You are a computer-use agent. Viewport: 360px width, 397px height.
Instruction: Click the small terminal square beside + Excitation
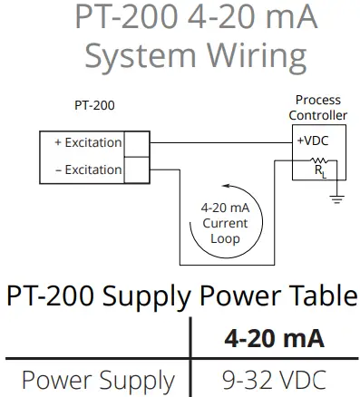pos(135,144)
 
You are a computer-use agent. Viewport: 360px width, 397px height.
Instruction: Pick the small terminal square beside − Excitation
pos(135,169)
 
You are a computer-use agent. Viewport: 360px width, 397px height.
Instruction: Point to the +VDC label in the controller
pos(310,141)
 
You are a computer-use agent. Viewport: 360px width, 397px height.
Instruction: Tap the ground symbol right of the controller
pos(337,198)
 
